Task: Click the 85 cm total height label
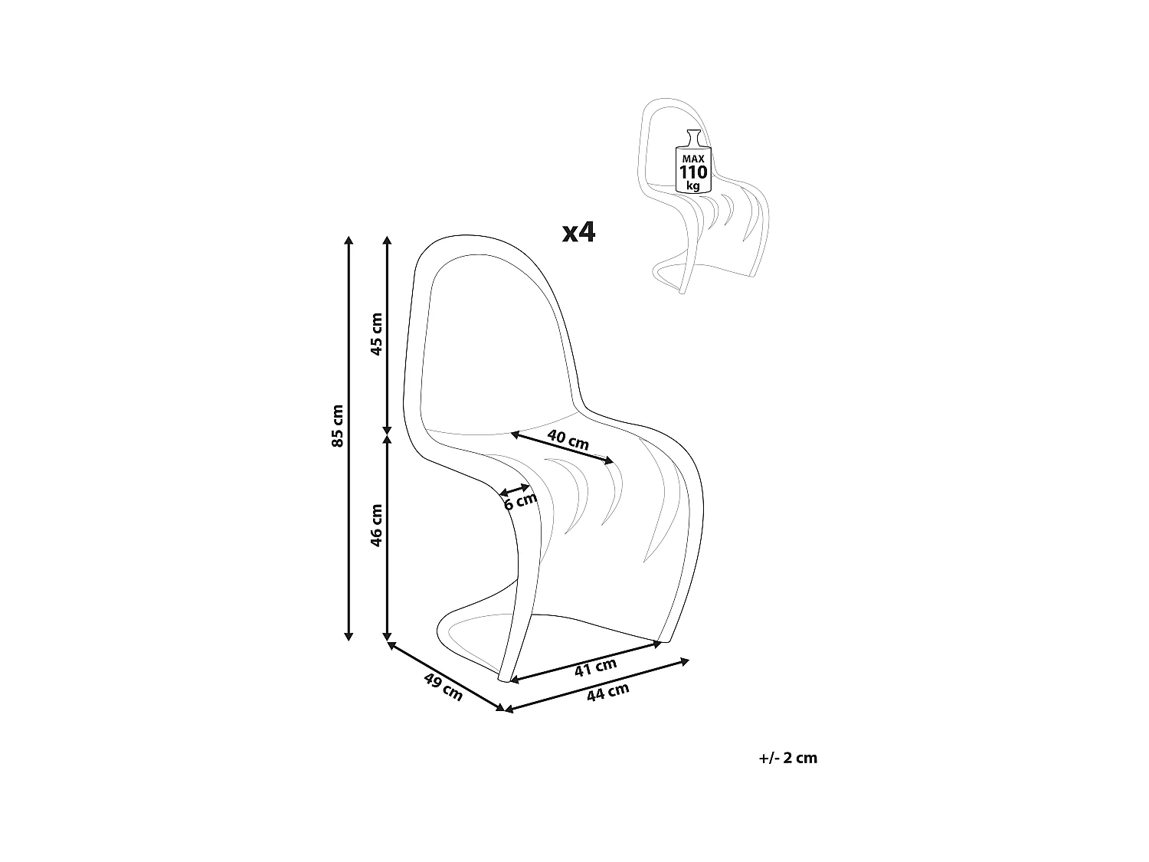tap(338, 425)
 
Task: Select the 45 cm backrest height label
tap(376, 334)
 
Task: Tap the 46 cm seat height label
tap(376, 526)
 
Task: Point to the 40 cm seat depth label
tap(568, 440)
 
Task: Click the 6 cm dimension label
tap(520, 501)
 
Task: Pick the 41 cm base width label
tap(596, 667)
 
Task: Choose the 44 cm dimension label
tap(607, 692)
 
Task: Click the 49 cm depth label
tap(444, 687)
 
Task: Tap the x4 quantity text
tap(578, 232)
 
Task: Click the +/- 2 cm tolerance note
tap(787, 758)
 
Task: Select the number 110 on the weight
tap(693, 172)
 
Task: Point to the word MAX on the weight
tap(693, 159)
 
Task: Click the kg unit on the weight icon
tap(693, 186)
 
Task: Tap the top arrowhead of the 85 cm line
tap(349, 241)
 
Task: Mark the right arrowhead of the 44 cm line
tap(684, 662)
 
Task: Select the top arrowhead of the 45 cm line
tap(387, 241)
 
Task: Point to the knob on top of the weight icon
tap(693, 137)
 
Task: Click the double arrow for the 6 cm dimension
tap(515, 490)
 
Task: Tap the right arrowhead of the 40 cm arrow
tap(609, 460)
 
